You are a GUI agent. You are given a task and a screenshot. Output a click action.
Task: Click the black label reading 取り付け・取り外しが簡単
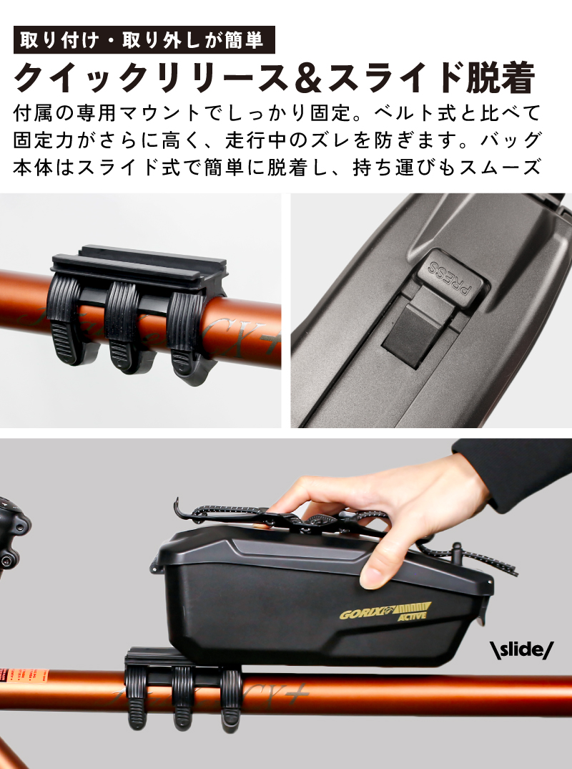pos(144,40)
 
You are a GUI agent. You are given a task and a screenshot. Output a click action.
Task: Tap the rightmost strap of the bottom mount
pos(231,698)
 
